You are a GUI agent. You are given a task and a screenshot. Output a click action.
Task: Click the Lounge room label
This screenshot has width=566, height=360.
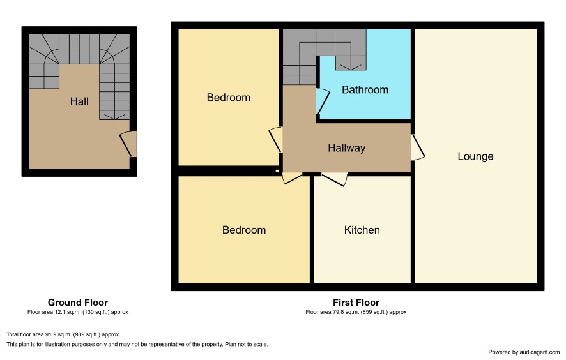(475, 156)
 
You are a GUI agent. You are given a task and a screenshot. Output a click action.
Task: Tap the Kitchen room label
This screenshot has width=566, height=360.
(362, 230)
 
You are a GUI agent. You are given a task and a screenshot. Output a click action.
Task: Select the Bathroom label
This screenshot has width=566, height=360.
(365, 90)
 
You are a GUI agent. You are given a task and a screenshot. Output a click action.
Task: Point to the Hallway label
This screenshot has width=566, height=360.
(346, 148)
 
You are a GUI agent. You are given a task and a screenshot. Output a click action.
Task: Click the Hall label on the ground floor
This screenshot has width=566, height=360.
(79, 101)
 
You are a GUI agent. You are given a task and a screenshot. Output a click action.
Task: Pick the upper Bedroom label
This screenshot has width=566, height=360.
(229, 98)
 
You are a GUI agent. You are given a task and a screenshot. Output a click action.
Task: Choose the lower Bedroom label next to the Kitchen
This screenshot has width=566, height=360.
(244, 230)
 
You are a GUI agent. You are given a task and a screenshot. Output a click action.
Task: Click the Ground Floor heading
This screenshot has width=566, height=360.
(78, 303)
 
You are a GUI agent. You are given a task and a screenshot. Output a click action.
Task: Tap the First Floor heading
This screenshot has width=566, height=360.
(356, 303)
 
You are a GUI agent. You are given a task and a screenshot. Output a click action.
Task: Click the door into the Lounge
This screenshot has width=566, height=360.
(418, 147)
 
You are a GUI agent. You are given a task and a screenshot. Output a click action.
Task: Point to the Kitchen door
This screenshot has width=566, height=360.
(335, 179)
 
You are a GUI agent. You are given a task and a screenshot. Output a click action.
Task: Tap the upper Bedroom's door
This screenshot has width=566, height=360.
(276, 140)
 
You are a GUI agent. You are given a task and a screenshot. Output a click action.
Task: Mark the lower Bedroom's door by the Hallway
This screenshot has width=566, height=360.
(292, 178)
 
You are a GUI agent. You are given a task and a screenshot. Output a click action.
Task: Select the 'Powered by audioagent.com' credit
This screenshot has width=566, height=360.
(524, 352)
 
